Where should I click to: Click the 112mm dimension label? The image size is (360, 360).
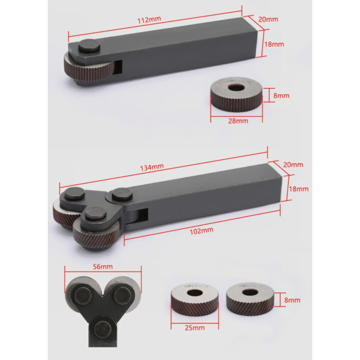[149, 20]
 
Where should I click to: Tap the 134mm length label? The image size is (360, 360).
[152, 168]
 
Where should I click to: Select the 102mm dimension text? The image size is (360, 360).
[202, 231]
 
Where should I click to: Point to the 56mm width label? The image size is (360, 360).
[103, 267]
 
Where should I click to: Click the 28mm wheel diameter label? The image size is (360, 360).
[238, 121]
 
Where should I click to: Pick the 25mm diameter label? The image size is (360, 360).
[194, 328]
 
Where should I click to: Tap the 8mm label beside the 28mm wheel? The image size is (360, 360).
[281, 95]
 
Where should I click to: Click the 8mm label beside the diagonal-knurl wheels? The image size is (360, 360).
[292, 300]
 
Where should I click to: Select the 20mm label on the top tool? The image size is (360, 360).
[268, 19]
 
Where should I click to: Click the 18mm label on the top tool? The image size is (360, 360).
[274, 44]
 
